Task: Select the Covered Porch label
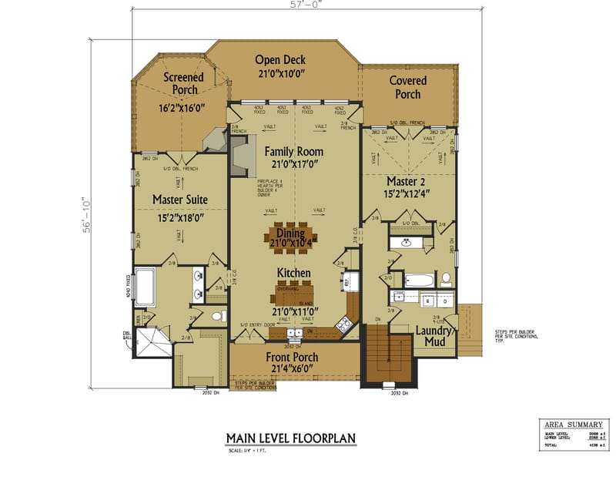point(407,87)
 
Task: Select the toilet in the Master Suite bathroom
point(216,316)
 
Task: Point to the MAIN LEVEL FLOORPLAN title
point(290,438)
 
